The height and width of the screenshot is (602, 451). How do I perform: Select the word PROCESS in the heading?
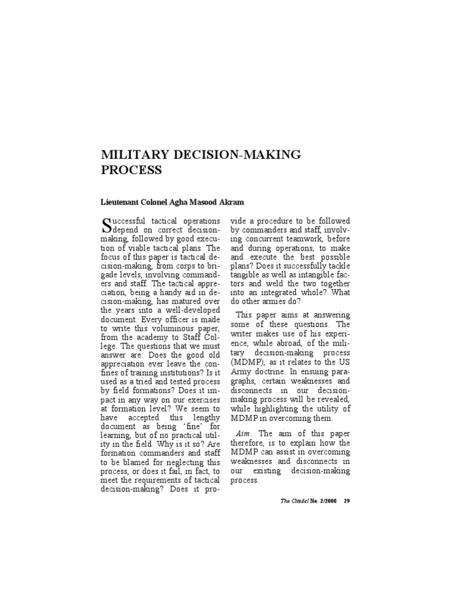132,170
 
